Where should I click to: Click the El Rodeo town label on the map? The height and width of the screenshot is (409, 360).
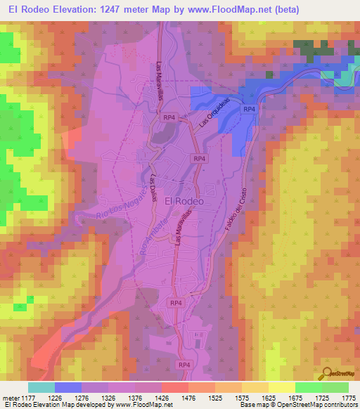(x=184, y=201)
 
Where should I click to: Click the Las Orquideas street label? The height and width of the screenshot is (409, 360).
(x=214, y=112)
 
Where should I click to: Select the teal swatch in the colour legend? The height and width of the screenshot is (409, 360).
(x=41, y=387)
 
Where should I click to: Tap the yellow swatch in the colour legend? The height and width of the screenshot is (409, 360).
(x=282, y=387)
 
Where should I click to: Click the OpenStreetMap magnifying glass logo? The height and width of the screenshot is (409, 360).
(x=327, y=372)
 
